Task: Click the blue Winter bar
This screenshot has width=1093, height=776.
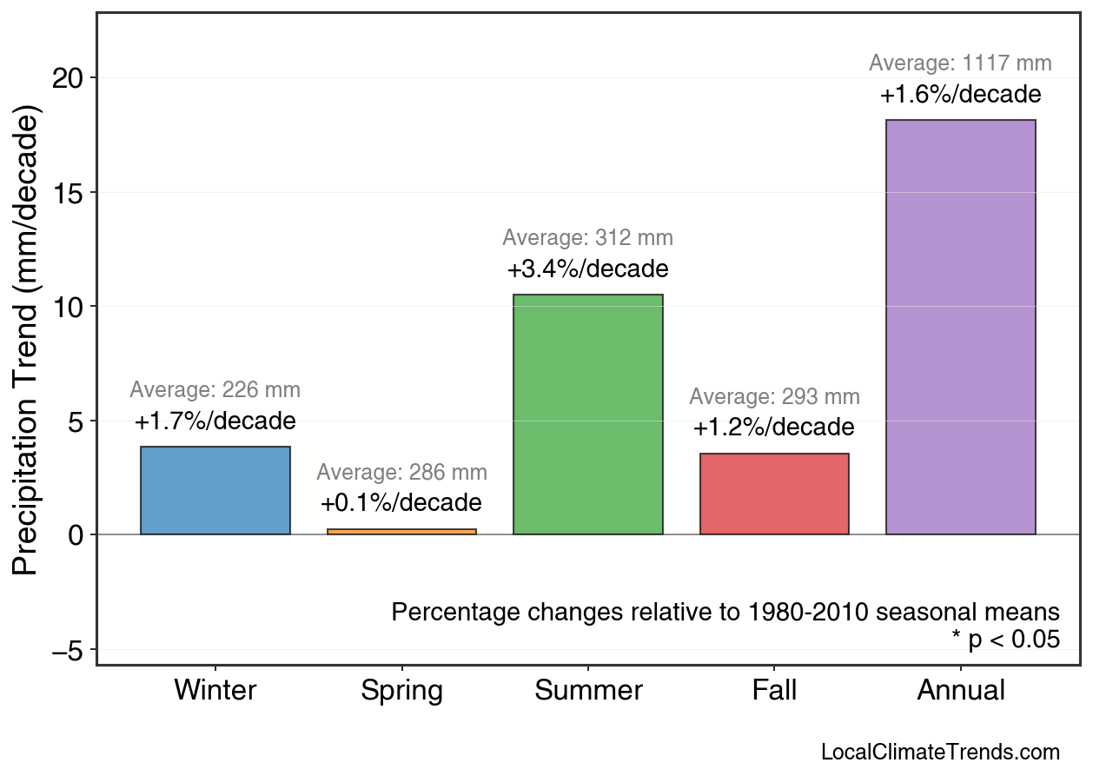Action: [x=215, y=491]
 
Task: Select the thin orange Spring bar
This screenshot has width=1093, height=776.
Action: [x=401, y=531]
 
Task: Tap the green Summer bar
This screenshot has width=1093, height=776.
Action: [x=587, y=415]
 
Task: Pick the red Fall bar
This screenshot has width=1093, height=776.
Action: [x=774, y=494]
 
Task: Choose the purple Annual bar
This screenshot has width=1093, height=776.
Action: [x=960, y=327]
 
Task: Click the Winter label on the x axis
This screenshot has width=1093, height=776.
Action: [x=215, y=691]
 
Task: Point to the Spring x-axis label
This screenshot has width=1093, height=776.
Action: [x=401, y=691]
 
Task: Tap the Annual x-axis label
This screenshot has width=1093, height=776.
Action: [x=960, y=691]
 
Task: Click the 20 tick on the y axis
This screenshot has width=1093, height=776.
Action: [x=70, y=78]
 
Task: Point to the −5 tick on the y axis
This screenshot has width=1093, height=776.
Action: [x=70, y=650]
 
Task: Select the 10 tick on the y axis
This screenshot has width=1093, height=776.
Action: [x=70, y=307]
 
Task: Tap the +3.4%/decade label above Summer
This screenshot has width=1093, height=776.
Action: [x=587, y=269]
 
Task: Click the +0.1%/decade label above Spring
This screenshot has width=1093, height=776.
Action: [x=401, y=503]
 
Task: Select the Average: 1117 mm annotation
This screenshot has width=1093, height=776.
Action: [x=960, y=63]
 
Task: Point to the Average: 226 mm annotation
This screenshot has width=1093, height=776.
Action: [x=215, y=391]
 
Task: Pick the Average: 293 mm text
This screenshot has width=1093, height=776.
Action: [x=774, y=397]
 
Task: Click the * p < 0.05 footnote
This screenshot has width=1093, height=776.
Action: [x=1005, y=640]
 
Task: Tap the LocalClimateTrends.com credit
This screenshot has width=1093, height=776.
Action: [x=940, y=753]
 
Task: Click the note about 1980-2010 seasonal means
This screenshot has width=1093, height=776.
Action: [x=725, y=612]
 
